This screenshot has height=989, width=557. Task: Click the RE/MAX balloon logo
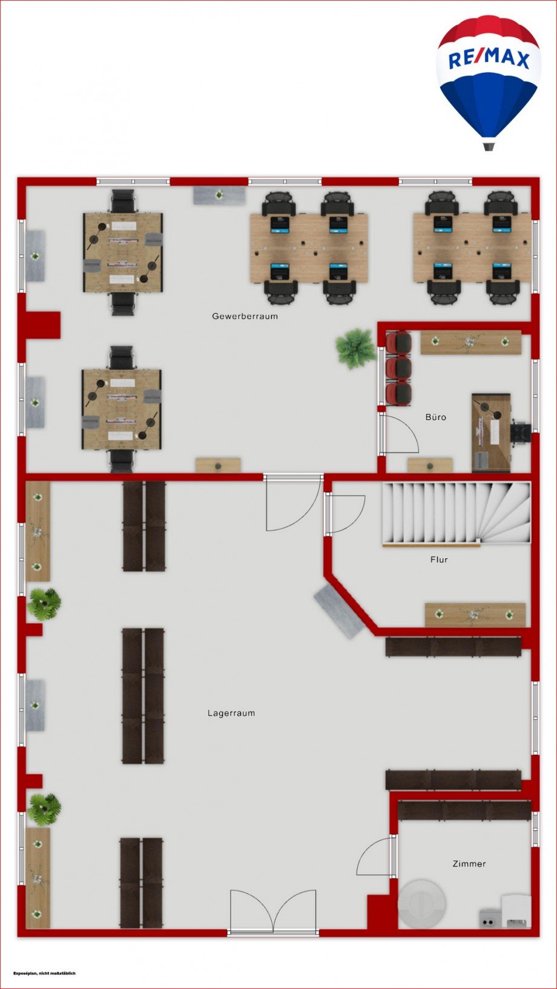pos(488,82)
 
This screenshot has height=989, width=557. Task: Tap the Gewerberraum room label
pos(245,316)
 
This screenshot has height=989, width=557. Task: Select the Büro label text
pos(435,417)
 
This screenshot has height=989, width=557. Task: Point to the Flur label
pos(439,560)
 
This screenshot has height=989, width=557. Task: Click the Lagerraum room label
pos(231,713)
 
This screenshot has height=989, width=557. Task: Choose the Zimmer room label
pos(469,864)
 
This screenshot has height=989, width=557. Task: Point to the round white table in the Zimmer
pos(421,903)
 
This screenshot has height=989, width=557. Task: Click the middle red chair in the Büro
pos(398,367)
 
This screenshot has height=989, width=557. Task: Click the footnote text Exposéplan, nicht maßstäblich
pos(44,973)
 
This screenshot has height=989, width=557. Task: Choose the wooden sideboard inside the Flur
pos(475,615)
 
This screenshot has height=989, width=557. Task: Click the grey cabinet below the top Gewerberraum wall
pos(219,195)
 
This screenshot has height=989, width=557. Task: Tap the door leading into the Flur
pos(345,514)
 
